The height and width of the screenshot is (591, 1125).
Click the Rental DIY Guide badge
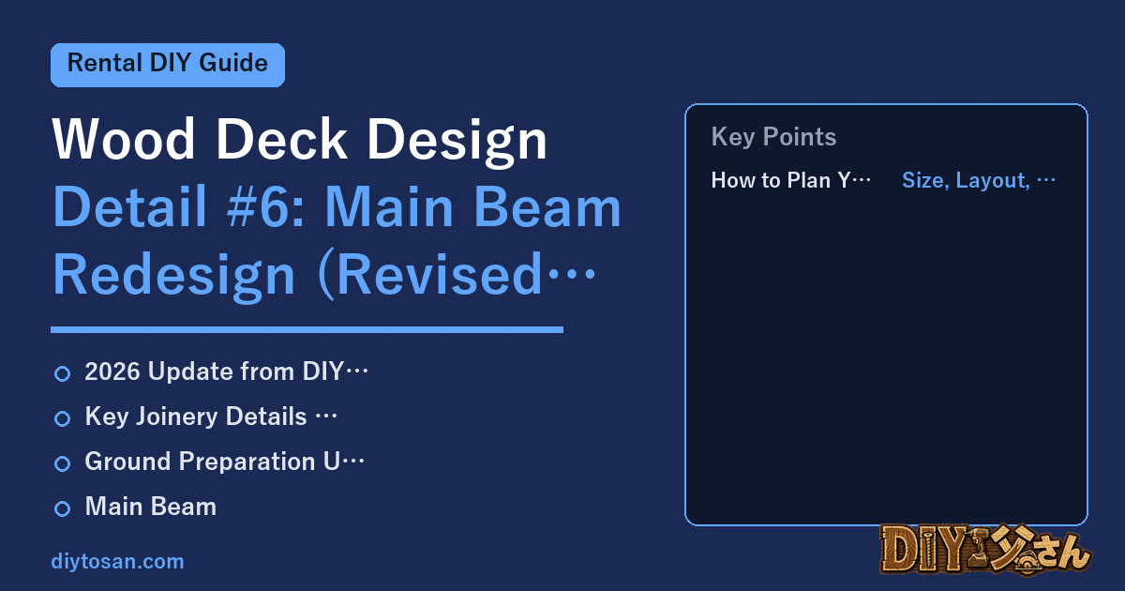click(168, 65)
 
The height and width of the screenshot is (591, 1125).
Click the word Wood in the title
click(124, 139)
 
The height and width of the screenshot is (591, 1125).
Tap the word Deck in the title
click(281, 139)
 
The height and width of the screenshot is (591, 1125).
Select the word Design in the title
click(457, 143)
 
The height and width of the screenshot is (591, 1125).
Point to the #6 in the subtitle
click(266, 207)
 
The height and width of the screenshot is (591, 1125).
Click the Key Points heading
click(773, 137)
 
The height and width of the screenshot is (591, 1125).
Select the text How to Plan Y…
click(791, 180)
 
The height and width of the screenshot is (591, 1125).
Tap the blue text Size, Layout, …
click(979, 180)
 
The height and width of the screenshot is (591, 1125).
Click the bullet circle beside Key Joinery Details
click(62, 418)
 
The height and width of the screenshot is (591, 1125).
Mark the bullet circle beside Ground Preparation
click(62, 463)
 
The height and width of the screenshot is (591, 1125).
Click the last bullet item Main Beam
click(151, 507)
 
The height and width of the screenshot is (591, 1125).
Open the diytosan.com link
click(117, 562)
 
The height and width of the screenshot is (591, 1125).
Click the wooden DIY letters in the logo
click(924, 549)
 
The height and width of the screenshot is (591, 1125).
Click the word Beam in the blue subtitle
click(547, 207)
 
